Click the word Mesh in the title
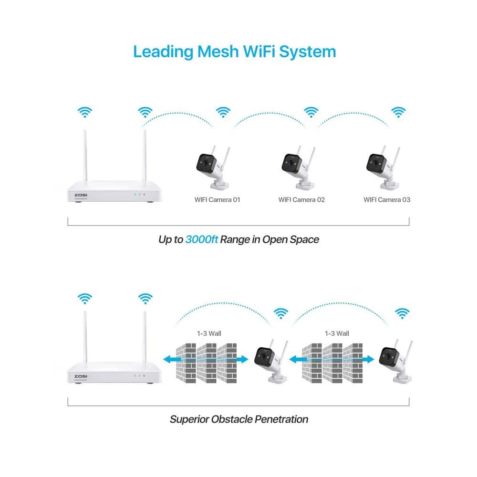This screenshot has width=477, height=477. pyautogui.click(x=214, y=51)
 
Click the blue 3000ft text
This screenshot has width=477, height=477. pyautogui.click(x=202, y=239)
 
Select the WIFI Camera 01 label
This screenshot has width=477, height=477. pyautogui.click(x=217, y=199)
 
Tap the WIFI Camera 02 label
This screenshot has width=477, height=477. pyautogui.click(x=301, y=199)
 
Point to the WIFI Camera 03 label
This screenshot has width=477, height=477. pyautogui.click(x=387, y=199)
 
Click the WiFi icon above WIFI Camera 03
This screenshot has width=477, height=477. pyautogui.click(x=398, y=112)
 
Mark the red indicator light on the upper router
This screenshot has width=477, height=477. pyautogui.click(x=144, y=195)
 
